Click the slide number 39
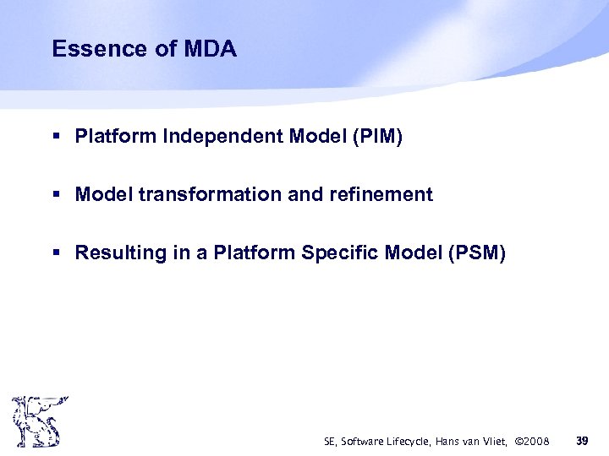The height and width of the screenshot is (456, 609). [582, 440]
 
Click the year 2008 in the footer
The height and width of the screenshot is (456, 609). [535, 441]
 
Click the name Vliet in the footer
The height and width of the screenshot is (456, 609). [495, 441]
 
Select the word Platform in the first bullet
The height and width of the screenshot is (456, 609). [109, 136]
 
